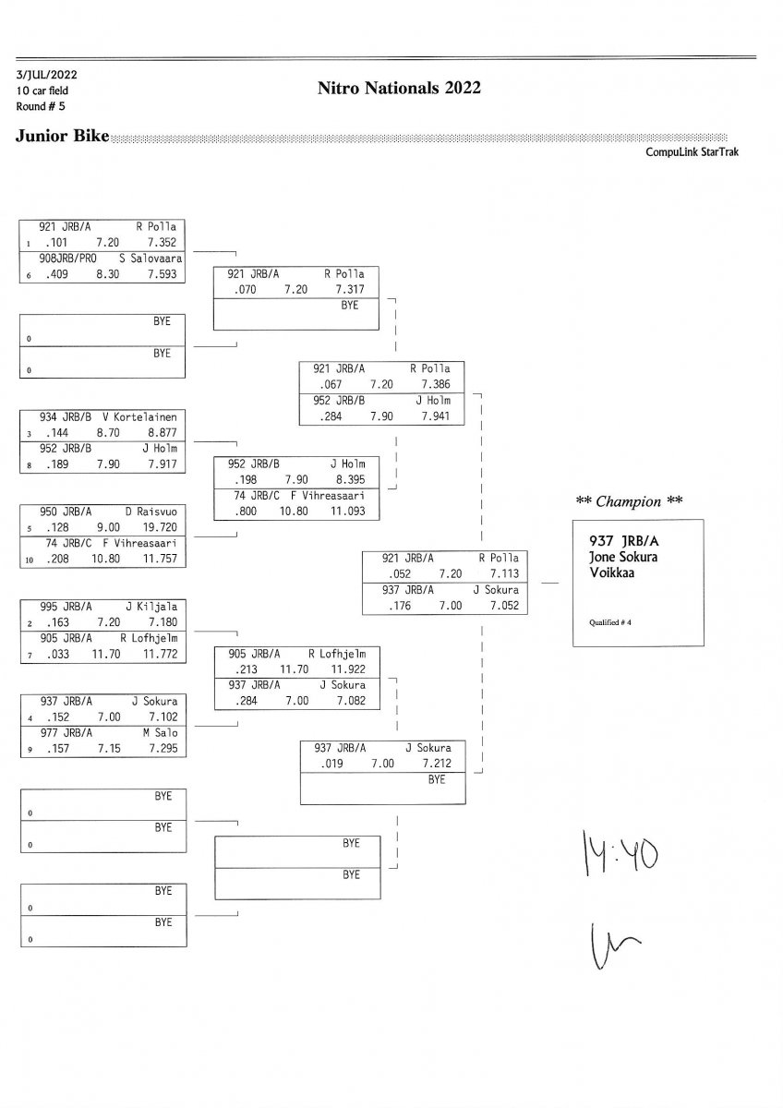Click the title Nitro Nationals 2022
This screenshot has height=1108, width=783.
pyautogui.click(x=399, y=89)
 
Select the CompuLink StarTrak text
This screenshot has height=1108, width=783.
pyautogui.click(x=692, y=152)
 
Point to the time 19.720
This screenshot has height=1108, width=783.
pyautogui.click(x=163, y=528)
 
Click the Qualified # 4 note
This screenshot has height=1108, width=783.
pyautogui.click(x=609, y=622)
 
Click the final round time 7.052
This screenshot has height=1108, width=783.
pyautogui.click(x=504, y=607)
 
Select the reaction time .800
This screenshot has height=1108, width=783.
pyautogui.click(x=246, y=511)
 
